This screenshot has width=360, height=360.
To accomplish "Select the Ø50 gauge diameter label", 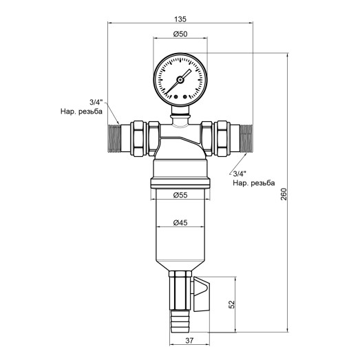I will [x=180, y=34].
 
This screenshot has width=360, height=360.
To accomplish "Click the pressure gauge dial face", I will [x=180, y=77].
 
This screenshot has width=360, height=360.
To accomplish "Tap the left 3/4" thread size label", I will [x=97, y=101].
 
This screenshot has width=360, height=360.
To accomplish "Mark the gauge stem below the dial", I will [x=180, y=111].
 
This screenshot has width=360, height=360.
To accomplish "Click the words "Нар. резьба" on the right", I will [x=253, y=184].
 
